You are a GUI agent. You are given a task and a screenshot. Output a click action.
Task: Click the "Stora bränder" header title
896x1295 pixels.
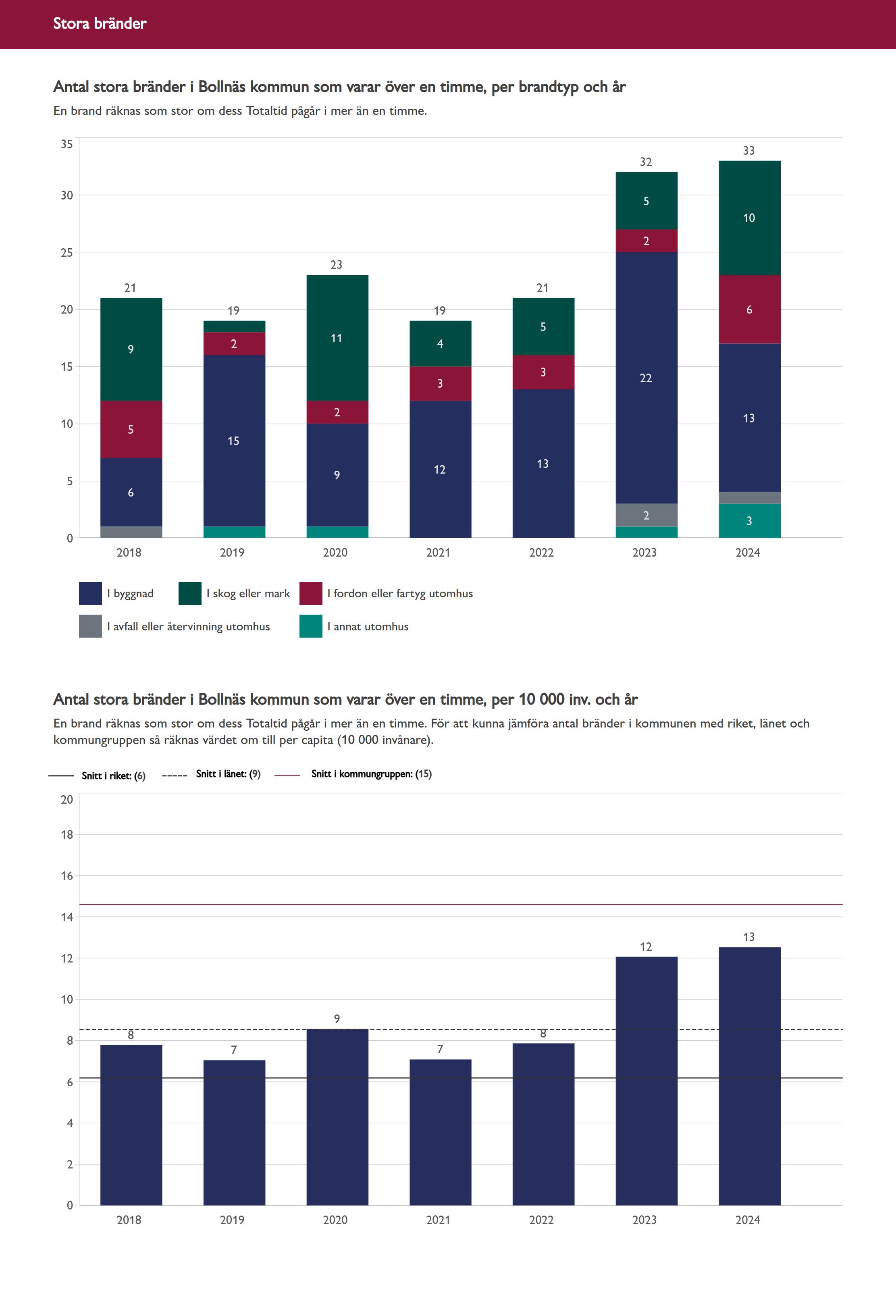100,23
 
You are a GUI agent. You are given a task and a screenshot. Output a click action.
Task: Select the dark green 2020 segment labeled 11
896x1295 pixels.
337,338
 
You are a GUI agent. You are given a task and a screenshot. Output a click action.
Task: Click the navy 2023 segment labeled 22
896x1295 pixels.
646,378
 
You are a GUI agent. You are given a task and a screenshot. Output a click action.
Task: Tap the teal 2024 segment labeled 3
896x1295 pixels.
749,521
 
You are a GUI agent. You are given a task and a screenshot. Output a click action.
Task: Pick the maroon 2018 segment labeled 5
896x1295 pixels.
131,429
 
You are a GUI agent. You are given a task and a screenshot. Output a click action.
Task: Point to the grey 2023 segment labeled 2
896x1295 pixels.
646,515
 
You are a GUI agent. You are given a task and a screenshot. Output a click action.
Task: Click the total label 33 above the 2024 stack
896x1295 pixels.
748,150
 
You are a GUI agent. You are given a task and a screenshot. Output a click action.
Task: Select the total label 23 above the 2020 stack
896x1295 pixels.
336,265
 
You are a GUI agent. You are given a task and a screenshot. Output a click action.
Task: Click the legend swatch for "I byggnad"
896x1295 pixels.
90,593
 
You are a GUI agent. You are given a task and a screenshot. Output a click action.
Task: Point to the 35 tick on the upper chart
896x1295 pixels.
67,144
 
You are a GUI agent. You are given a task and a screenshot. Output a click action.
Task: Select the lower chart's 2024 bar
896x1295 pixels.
749,1078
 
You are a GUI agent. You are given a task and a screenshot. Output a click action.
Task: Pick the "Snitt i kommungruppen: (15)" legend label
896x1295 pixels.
371,773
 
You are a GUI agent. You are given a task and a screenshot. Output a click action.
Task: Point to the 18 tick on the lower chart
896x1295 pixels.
67,834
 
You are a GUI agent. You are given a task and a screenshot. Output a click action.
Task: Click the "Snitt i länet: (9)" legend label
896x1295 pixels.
228,773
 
